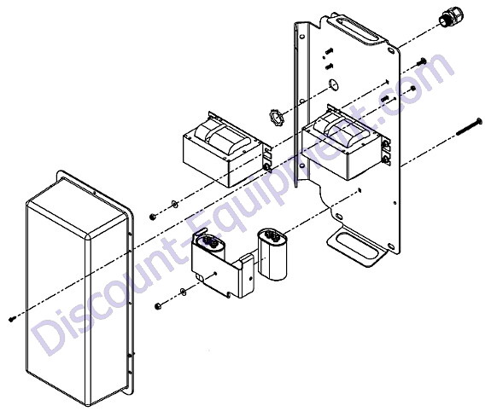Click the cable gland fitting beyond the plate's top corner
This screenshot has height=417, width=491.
point(450,17)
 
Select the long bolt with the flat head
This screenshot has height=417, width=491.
point(469,127)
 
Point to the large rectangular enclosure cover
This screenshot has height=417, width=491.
point(80,287)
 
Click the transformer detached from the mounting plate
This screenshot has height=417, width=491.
point(227,149)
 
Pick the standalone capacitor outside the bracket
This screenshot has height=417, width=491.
point(272,254)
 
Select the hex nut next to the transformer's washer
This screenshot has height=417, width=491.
point(153,216)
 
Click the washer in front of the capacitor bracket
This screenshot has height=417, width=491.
point(183,292)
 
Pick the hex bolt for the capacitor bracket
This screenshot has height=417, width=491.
point(159,305)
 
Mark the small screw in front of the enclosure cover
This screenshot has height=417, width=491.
point(13,319)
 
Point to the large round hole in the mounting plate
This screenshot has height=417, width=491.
point(334,84)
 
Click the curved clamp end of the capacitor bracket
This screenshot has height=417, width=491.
point(247,275)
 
